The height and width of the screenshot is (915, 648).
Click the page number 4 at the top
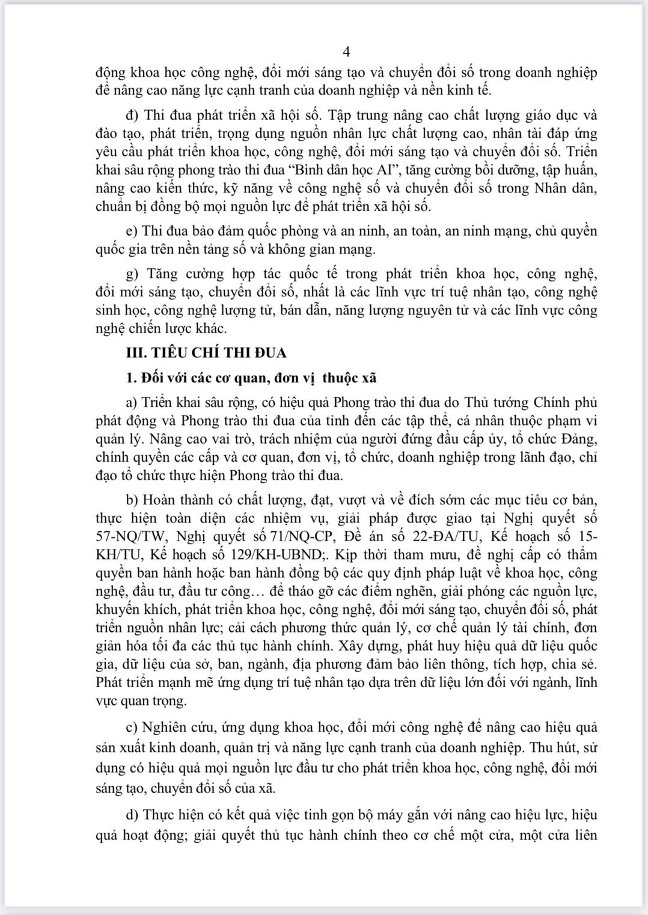(346, 52)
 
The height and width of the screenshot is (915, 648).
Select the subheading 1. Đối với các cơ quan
(251, 378)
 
